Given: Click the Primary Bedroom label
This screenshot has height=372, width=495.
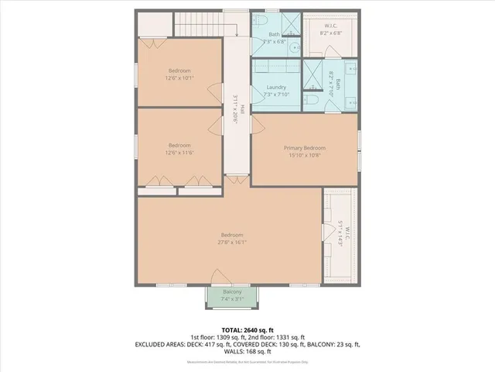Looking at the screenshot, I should [x=304, y=148].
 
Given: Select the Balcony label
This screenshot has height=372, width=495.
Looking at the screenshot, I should [x=232, y=292].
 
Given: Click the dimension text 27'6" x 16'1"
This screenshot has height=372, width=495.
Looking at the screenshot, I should [x=232, y=242].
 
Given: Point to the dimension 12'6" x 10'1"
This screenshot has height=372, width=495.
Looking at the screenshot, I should [x=179, y=77].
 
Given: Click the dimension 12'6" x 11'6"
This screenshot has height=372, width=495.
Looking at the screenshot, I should [x=179, y=152].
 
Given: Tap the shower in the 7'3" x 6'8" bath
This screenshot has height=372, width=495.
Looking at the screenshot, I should [x=290, y=24].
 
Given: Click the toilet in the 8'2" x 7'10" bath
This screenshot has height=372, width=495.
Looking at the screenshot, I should [x=312, y=99].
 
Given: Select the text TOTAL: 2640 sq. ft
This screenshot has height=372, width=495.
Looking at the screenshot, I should [x=247, y=329].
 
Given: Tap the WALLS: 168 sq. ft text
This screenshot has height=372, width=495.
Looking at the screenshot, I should [x=247, y=350].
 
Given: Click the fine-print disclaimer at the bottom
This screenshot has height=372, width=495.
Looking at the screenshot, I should [x=247, y=361].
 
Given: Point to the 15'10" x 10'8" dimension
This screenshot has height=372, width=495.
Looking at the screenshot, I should [x=304, y=156].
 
